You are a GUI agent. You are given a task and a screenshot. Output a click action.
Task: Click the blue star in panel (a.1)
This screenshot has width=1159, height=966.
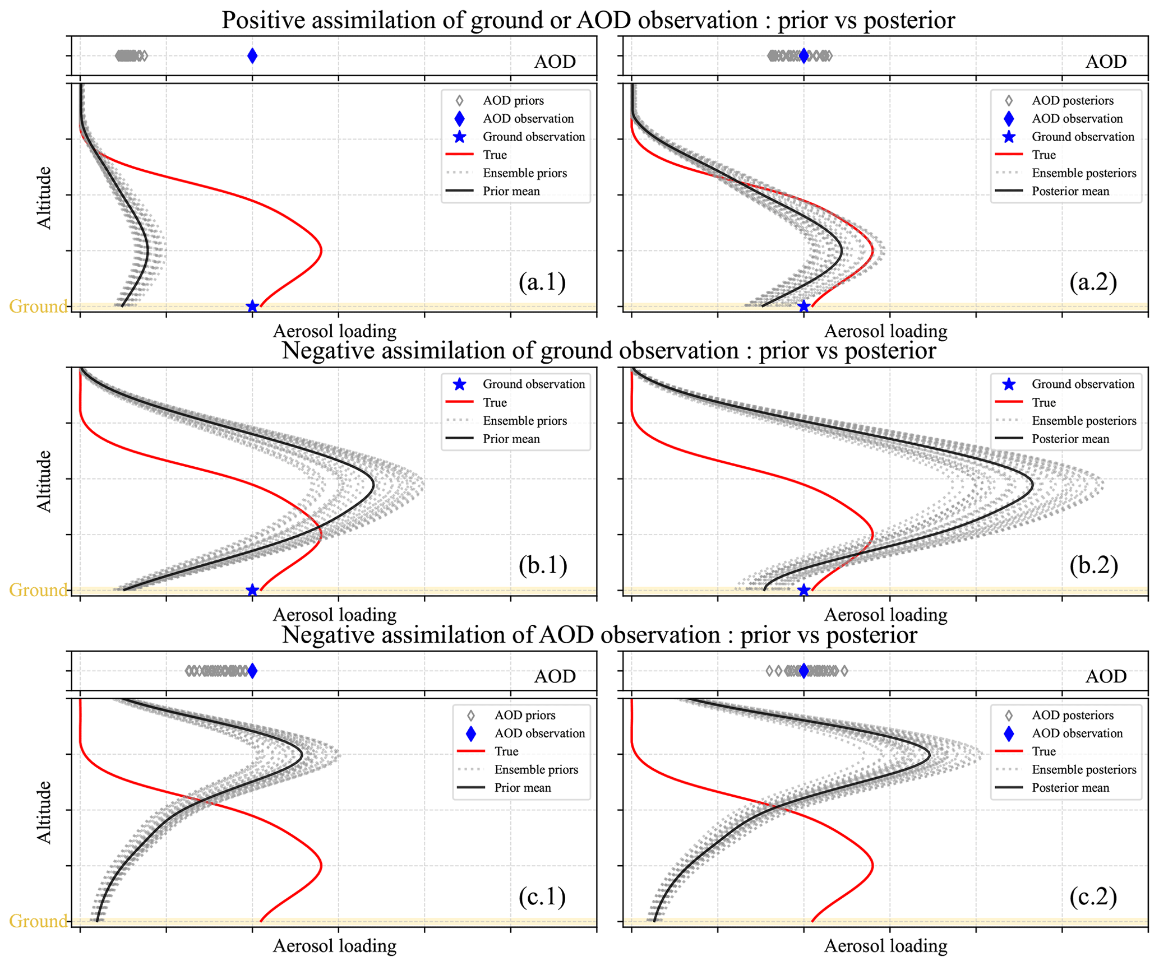click(252, 306)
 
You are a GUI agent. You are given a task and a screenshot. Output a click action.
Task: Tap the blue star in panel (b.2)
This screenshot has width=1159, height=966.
click(804, 590)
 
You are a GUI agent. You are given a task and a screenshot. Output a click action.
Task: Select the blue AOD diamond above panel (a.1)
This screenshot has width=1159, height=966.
click(252, 55)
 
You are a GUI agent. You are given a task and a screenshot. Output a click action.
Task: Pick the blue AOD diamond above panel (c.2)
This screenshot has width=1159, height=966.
click(804, 671)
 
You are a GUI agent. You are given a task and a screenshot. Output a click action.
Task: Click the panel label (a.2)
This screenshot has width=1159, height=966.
click(1093, 282)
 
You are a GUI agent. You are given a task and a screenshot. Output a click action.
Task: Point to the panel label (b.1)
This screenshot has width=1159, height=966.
click(542, 565)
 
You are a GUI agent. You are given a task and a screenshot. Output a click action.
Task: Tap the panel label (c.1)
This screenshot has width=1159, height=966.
click(542, 897)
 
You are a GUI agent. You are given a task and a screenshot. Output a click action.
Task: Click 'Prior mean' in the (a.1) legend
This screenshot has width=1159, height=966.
click(511, 191)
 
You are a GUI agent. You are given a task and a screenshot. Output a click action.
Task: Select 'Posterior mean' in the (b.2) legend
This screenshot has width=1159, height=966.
click(1070, 439)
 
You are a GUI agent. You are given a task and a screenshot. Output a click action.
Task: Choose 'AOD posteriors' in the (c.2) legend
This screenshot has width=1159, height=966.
click(1073, 715)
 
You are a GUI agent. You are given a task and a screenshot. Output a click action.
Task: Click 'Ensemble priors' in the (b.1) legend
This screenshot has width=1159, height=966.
click(525, 421)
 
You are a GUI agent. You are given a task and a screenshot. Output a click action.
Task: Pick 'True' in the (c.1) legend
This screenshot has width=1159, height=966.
click(506, 751)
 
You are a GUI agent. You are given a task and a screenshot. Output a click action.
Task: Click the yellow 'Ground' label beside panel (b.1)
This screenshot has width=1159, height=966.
click(38, 590)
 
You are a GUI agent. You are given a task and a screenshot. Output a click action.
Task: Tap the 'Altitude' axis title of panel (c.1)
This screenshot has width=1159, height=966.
click(44, 812)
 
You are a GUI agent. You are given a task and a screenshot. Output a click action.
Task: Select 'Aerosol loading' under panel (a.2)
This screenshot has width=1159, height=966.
click(886, 331)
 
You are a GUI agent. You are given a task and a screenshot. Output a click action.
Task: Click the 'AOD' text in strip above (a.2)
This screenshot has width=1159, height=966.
click(1106, 62)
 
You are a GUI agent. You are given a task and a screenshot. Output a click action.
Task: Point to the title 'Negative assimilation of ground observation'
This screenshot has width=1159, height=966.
click(510, 351)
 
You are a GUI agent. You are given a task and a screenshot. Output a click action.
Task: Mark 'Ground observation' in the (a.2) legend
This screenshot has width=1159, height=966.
click(1083, 137)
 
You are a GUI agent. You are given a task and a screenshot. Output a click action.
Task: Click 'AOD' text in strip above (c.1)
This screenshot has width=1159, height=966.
click(555, 676)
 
